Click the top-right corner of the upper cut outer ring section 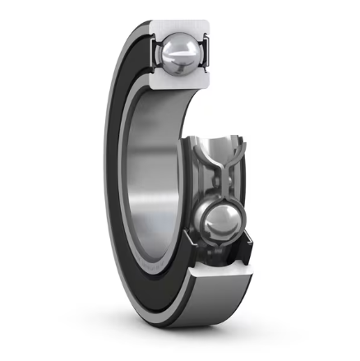coord(208,21)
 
